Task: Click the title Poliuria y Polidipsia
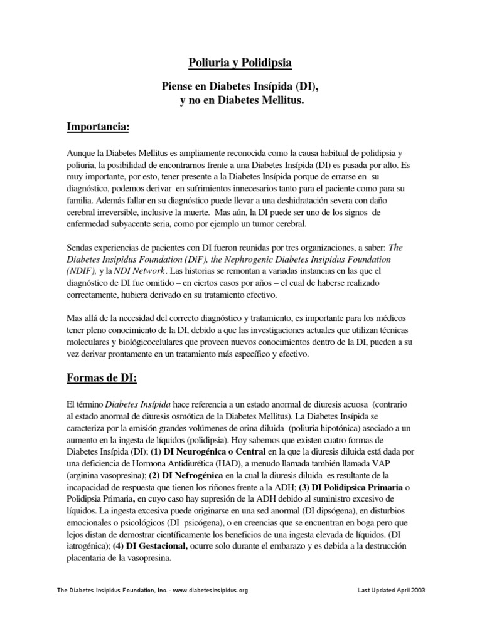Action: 241,63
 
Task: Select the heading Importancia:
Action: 98,128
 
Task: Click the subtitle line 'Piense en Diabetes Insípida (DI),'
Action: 241,90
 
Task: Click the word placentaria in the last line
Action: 90,557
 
